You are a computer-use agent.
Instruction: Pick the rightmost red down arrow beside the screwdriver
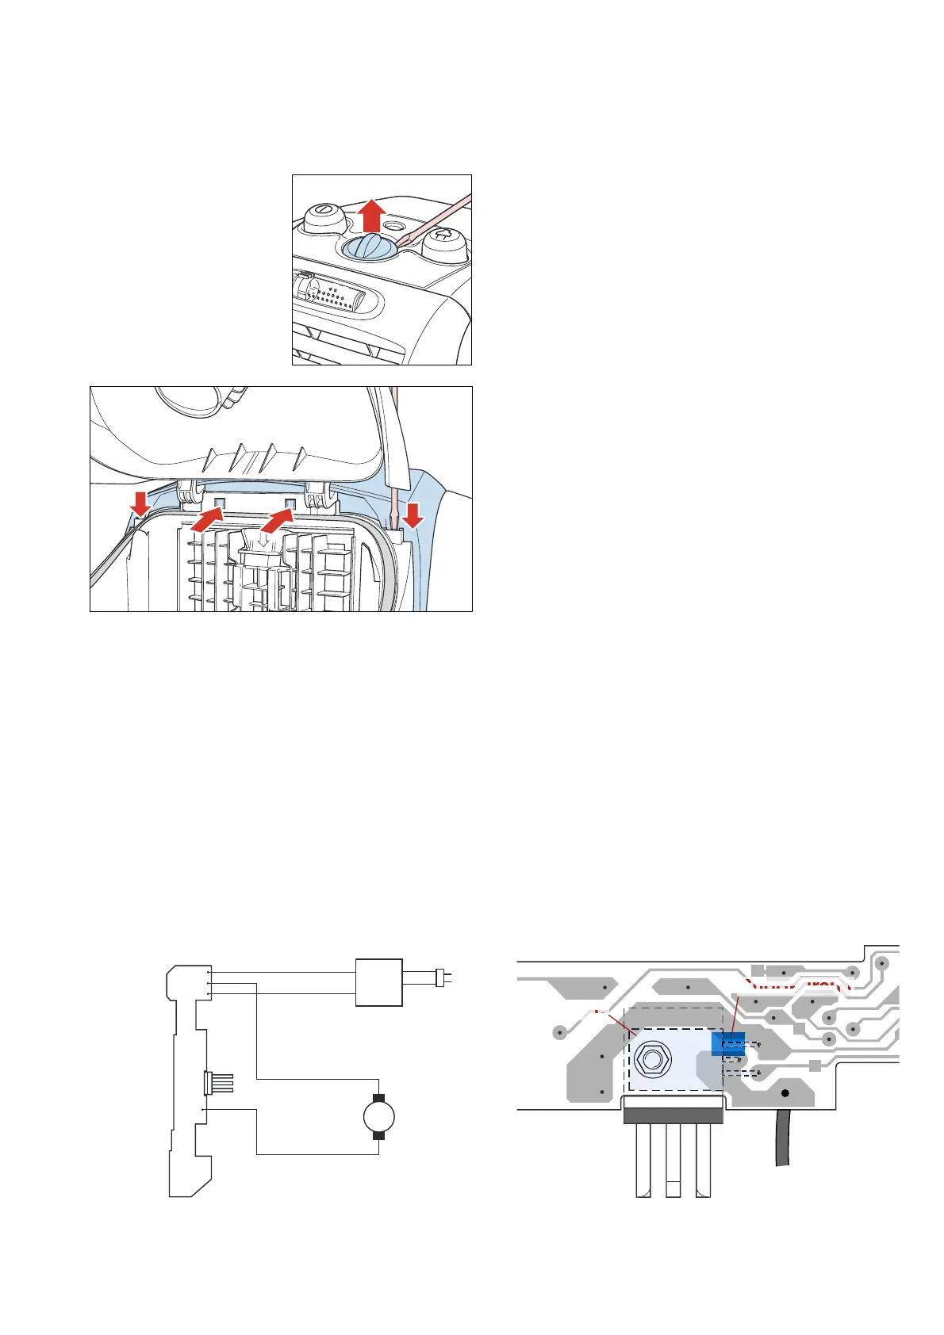[x=412, y=516]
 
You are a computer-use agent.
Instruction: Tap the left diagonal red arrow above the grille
[x=205, y=522]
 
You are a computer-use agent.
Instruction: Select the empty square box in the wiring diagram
[x=378, y=983]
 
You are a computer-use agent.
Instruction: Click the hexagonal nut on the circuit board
[x=652, y=1058]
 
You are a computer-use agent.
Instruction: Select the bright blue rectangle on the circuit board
[x=728, y=1045]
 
